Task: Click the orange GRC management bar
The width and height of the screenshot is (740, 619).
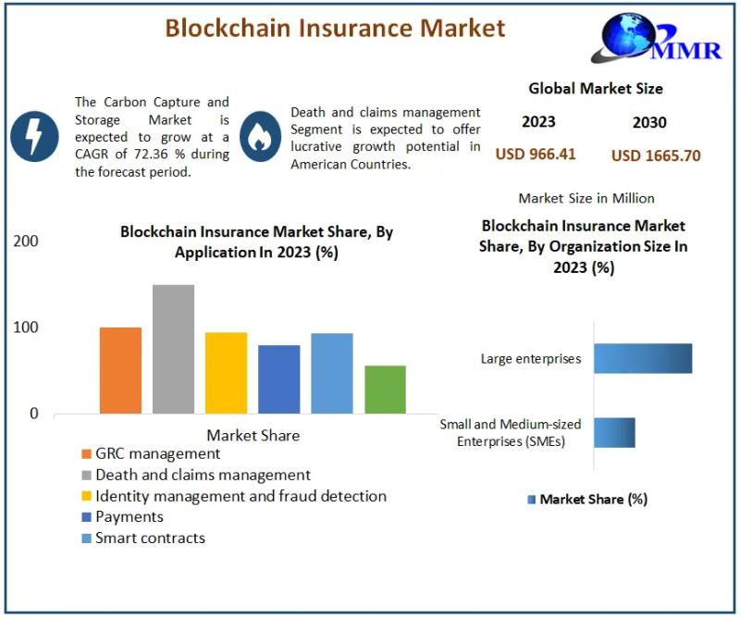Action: [x=120, y=370]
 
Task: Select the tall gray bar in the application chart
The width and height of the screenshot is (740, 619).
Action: [x=173, y=349]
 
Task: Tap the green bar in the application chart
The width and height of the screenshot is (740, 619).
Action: [x=385, y=390]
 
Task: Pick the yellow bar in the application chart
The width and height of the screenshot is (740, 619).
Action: [x=226, y=373]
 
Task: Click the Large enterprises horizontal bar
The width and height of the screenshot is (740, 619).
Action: [x=643, y=358]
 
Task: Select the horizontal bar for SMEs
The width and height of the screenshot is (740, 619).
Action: [x=614, y=432]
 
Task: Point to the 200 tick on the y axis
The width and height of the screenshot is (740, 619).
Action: [x=26, y=241]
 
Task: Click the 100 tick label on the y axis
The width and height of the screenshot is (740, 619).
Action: [x=26, y=328]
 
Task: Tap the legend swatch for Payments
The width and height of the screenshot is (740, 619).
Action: [x=86, y=517]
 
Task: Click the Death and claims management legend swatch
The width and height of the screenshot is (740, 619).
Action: [x=86, y=475]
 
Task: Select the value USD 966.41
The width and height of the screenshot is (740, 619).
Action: [x=536, y=154]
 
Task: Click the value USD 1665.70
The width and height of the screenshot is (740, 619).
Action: [x=656, y=155]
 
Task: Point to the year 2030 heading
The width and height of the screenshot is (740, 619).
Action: [x=649, y=122]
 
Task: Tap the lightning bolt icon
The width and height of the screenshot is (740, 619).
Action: [x=34, y=136]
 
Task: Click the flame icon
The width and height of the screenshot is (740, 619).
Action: [x=260, y=136]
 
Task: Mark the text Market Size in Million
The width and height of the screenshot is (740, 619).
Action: [x=586, y=198]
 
